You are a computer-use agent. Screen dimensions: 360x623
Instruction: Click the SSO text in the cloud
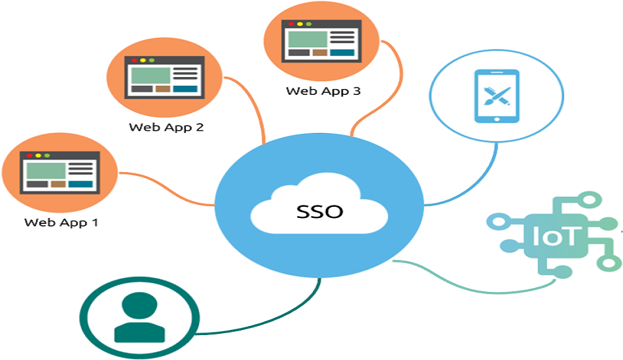click(x=319, y=212)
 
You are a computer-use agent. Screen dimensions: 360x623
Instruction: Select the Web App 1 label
click(x=61, y=222)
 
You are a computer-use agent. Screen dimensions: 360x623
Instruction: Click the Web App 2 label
click(x=166, y=127)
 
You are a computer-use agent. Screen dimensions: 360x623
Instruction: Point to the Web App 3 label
click(x=323, y=91)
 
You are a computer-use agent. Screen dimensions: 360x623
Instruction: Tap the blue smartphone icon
click(x=496, y=96)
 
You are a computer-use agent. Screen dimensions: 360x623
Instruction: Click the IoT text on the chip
click(x=556, y=236)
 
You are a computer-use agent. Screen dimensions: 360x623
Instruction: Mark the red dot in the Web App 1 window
click(x=29, y=156)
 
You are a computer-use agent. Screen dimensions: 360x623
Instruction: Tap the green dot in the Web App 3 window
click(x=309, y=24)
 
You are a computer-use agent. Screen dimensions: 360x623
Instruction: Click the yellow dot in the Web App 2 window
click(x=143, y=60)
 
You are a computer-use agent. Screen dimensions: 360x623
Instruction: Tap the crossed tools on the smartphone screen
click(x=496, y=96)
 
